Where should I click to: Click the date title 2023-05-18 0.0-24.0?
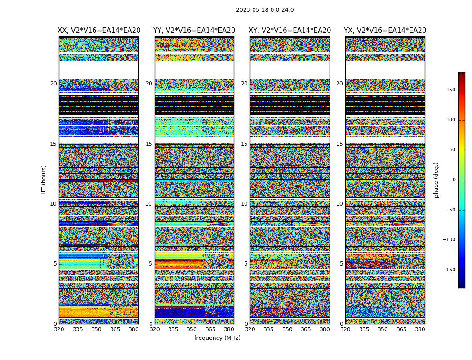click(265, 10)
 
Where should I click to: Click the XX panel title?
click(99, 31)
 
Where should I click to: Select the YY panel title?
click(194, 31)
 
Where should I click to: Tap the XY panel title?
click(289, 31)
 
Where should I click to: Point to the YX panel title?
click(385, 31)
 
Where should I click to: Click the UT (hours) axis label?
click(44, 180)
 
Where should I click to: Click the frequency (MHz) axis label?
click(217, 338)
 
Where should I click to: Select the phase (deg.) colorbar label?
click(436, 180)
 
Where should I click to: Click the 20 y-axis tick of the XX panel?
click(53, 84)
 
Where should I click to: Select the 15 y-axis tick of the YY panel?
click(149, 144)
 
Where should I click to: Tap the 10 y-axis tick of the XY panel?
click(244, 204)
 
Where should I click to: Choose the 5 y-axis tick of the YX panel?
click(341, 264)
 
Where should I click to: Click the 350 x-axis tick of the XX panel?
click(96, 329)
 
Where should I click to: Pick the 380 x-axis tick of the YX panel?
click(420, 329)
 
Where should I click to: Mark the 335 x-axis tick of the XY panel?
click(268, 329)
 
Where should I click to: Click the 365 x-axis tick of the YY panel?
click(210, 329)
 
